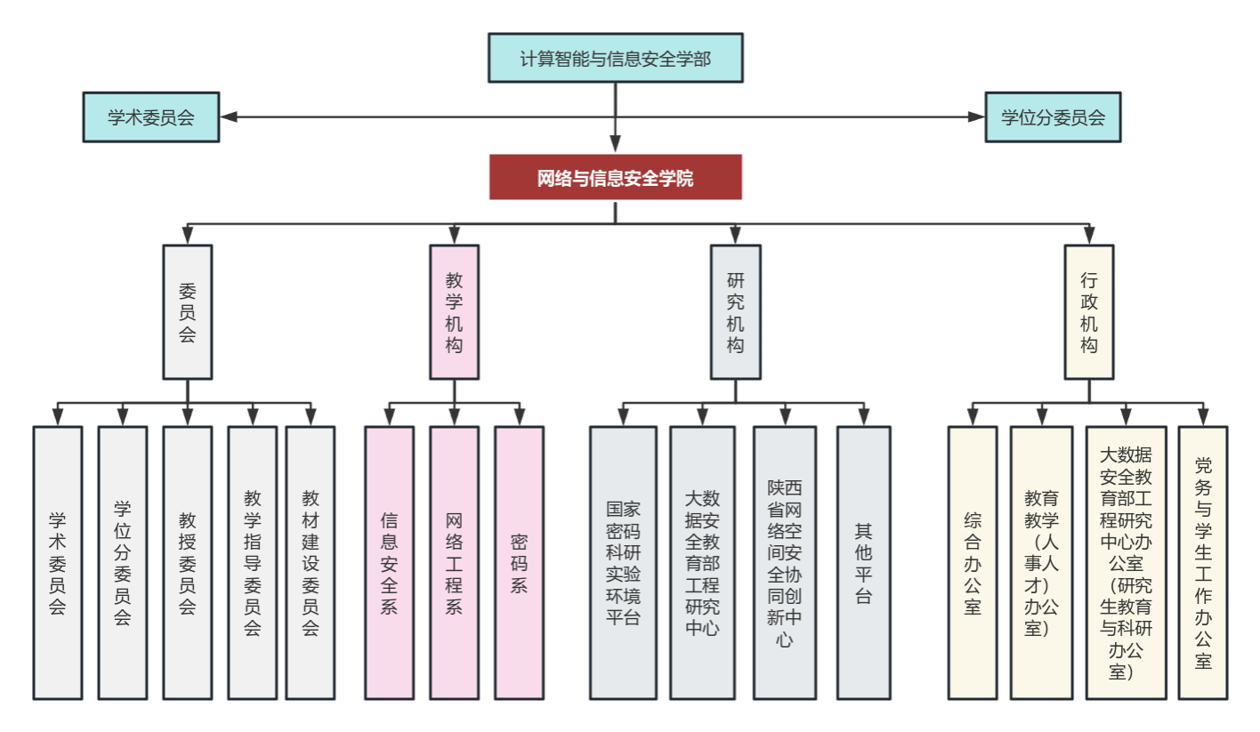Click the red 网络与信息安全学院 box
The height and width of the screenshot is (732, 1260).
(615, 178)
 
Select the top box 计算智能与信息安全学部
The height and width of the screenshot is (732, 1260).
(615, 59)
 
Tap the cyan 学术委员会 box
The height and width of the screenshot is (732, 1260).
(150, 117)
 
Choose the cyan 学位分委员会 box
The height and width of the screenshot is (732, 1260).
(1053, 117)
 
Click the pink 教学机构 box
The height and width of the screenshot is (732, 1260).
(454, 312)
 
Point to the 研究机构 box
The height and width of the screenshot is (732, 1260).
(735, 312)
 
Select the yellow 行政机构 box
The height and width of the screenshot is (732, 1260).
(1089, 312)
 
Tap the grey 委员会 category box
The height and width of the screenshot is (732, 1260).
(187, 312)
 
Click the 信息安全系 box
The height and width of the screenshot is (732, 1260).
(389, 563)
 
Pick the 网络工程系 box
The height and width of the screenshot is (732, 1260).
(454, 563)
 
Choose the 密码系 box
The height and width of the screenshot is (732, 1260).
(519, 563)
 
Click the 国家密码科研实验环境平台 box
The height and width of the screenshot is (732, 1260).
(623, 563)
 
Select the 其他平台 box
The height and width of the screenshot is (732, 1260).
(863, 563)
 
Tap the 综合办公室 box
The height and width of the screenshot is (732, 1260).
(973, 563)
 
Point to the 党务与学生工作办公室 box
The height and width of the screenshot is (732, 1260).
(1203, 563)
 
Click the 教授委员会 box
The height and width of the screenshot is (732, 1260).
(187, 563)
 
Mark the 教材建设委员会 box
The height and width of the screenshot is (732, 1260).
(310, 563)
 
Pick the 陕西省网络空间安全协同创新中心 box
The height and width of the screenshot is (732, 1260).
(785, 563)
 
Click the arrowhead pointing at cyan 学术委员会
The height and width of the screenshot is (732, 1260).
(228, 117)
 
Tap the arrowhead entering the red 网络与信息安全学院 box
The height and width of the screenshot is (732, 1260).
(615, 145)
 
